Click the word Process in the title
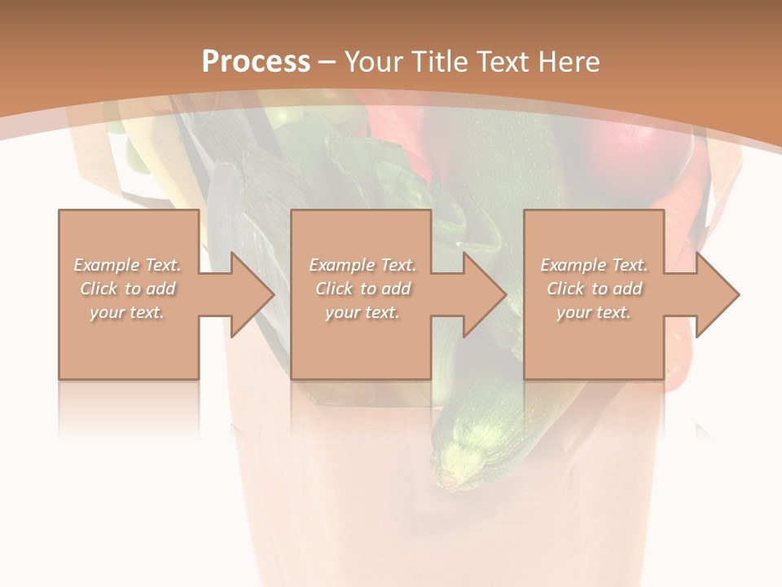click(x=256, y=62)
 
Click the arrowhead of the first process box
click(x=249, y=294)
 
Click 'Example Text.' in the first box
click(x=128, y=265)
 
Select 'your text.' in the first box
click(x=128, y=312)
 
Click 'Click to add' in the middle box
click(x=363, y=289)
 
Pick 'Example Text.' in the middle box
click(x=362, y=265)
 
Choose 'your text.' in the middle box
click(x=362, y=312)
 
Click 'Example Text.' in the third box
click(x=594, y=265)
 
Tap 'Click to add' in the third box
click(x=595, y=289)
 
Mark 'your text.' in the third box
click(x=594, y=312)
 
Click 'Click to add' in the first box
click(x=128, y=289)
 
